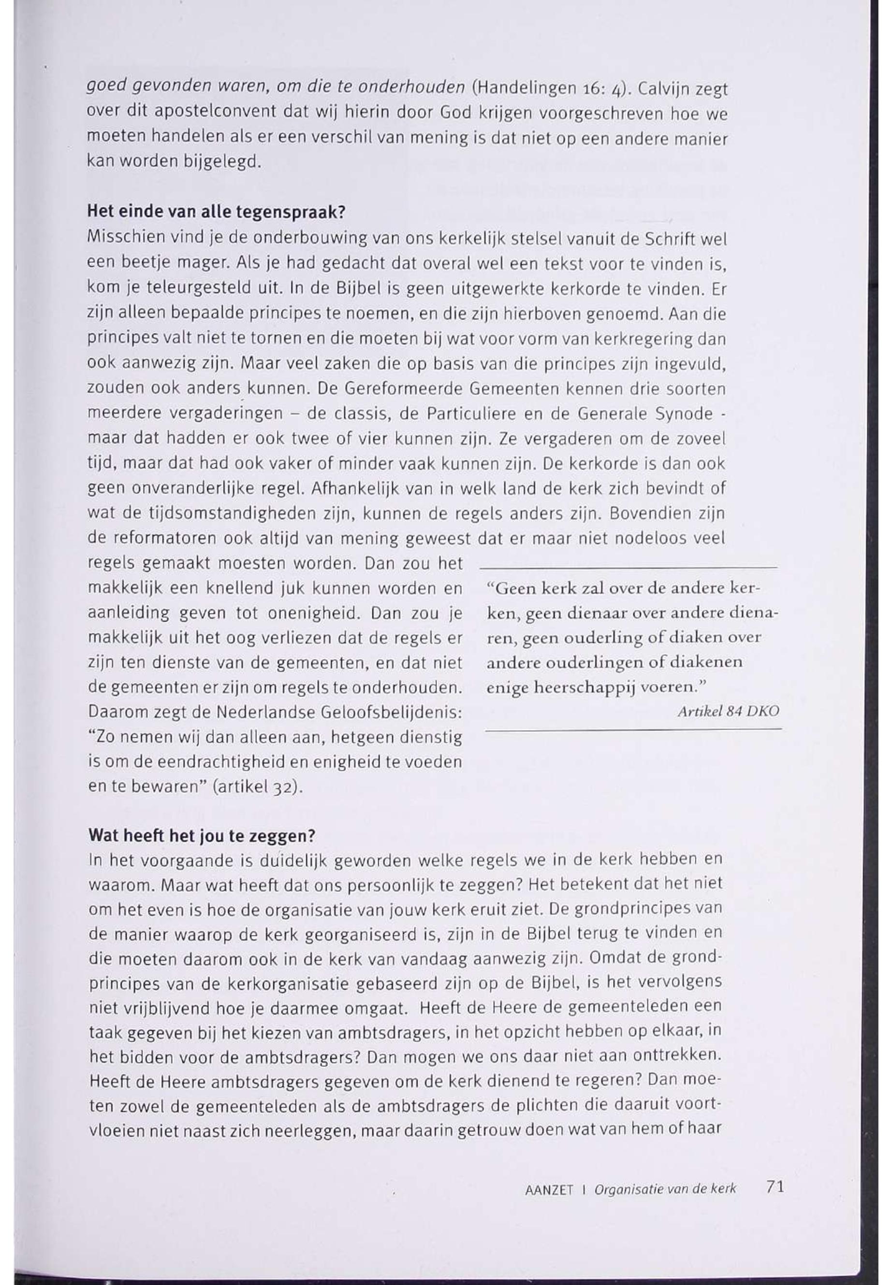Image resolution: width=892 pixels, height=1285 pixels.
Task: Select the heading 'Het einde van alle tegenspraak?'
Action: pos(216,213)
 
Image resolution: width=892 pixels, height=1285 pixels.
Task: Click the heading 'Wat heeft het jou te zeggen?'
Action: pos(202,836)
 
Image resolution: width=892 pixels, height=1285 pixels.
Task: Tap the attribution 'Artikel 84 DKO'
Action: pos(728,712)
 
